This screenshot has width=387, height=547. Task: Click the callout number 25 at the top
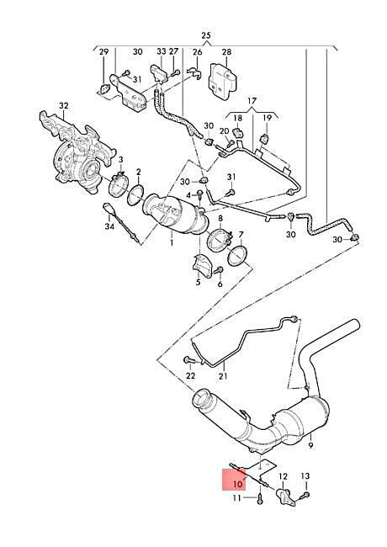tap(206, 35)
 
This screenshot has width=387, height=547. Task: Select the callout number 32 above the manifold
tap(64, 105)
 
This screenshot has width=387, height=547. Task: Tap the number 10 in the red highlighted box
tap(238, 484)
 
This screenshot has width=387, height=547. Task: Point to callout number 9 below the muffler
tap(311, 445)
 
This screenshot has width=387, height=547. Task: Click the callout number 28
tap(226, 52)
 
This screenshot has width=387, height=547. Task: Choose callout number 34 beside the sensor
tap(109, 226)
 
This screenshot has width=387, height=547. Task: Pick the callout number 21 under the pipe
tap(223, 375)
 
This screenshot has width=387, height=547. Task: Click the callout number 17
tap(252, 101)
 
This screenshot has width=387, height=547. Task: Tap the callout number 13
tap(305, 475)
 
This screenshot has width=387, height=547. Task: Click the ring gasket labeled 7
tap(237, 256)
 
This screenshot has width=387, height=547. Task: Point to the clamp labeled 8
tap(219, 239)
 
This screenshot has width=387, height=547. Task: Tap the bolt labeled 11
tap(260, 500)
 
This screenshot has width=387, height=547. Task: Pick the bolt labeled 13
tap(306, 494)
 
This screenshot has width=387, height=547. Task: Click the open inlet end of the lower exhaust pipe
tap(201, 398)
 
